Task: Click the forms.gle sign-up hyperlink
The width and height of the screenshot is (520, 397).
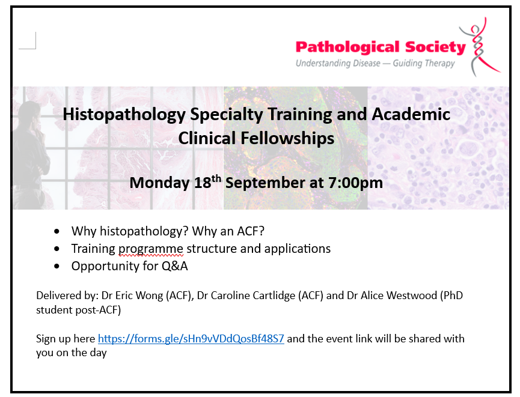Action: click(191, 339)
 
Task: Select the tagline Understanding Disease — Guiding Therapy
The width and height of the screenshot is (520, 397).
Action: click(375, 63)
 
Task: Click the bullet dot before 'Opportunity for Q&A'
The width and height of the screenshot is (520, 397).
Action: click(57, 266)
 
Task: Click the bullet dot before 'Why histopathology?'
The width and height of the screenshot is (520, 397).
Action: click(57, 231)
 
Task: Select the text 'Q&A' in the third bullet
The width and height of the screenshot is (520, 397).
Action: click(174, 266)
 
